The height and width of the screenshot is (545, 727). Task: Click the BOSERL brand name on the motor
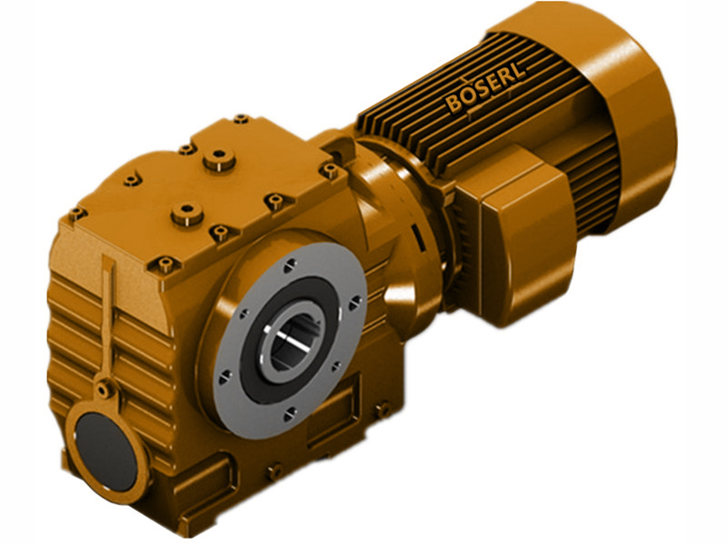(487, 91)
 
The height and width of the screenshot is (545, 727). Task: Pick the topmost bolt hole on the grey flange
(289, 266)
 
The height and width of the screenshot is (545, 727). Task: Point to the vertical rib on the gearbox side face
(109, 309)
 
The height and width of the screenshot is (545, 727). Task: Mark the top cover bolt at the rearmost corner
(241, 119)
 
